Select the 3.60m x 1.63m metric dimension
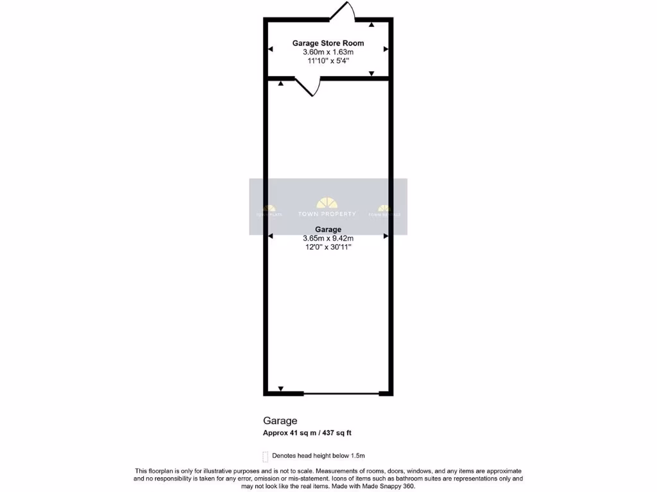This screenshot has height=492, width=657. (328, 53)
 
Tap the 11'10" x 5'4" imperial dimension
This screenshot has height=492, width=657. (328, 61)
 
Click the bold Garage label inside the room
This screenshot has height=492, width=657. (328, 229)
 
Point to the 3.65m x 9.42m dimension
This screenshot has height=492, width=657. (328, 238)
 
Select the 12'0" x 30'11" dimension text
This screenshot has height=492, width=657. (328, 247)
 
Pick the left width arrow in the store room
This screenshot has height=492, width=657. (271, 49)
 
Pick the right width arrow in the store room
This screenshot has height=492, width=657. (386, 49)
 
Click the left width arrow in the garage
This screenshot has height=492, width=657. (271, 236)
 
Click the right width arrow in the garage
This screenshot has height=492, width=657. (386, 236)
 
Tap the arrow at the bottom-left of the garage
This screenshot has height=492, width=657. (281, 388)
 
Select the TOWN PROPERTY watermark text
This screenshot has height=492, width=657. (328, 214)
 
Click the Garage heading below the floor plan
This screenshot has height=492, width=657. (280, 421)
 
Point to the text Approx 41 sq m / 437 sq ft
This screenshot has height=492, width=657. (307, 433)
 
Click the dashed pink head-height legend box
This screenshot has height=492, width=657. (266, 456)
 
